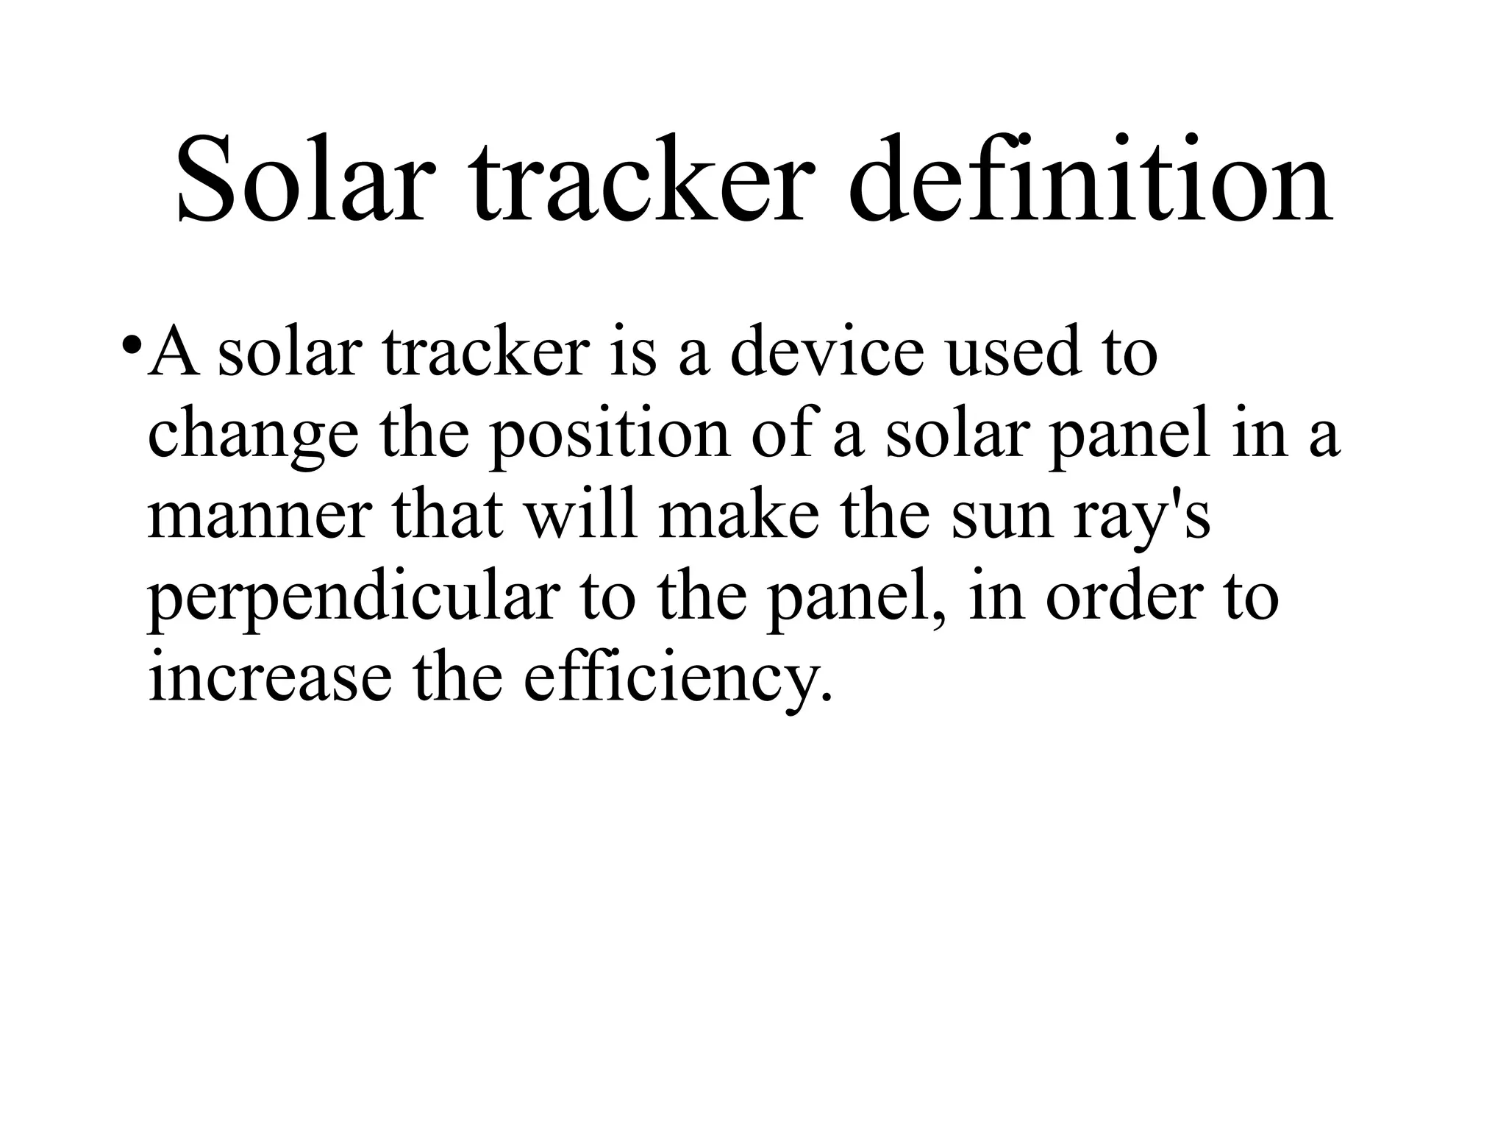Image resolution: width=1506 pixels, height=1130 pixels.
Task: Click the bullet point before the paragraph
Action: [x=132, y=345]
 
